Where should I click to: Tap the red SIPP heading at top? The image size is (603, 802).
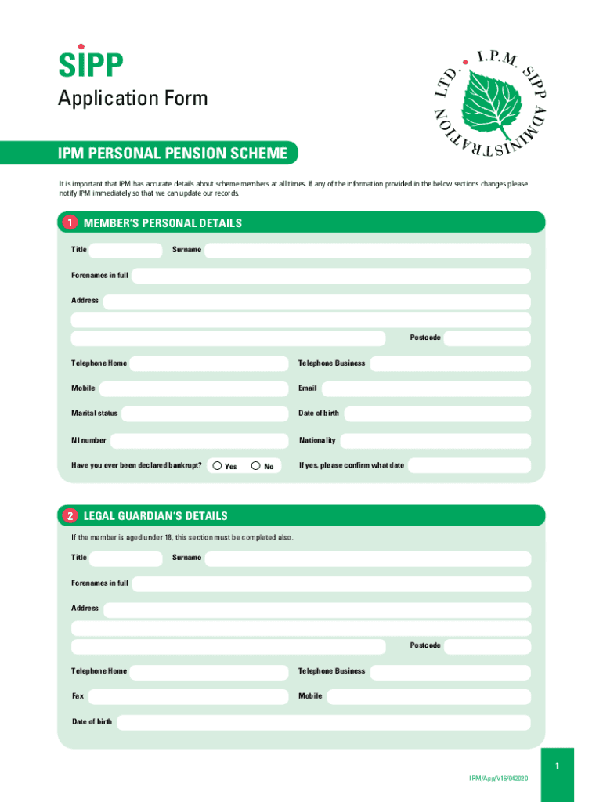(x=91, y=65)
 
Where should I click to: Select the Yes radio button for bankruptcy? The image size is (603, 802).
(x=217, y=466)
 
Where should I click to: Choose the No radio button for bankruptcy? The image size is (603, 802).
(x=256, y=466)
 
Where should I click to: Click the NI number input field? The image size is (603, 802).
(x=199, y=440)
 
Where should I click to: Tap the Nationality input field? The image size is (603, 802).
(x=435, y=440)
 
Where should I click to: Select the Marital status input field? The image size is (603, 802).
(x=204, y=414)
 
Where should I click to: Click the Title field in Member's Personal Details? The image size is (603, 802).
(x=125, y=250)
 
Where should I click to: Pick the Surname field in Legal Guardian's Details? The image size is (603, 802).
(x=367, y=558)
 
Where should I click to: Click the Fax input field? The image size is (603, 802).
(x=188, y=696)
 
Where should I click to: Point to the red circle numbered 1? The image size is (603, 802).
(x=70, y=223)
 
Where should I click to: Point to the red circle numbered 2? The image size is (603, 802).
(x=70, y=516)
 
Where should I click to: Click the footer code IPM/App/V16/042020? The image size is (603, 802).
(x=499, y=778)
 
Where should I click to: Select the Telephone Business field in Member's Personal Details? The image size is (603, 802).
(x=450, y=363)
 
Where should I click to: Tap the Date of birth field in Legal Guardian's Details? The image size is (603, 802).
(x=323, y=722)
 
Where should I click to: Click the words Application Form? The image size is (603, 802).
(x=133, y=99)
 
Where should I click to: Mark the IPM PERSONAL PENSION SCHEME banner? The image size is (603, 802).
(x=173, y=154)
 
